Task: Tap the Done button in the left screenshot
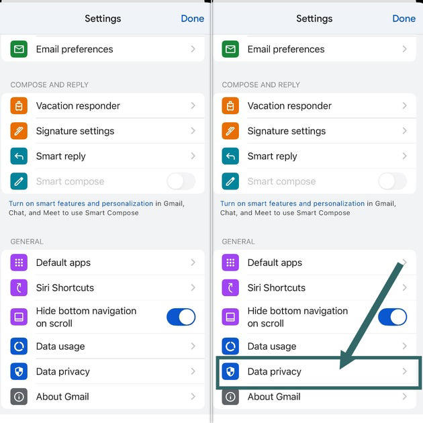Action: (x=192, y=18)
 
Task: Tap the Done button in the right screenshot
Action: (x=404, y=18)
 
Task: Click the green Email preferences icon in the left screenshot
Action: (x=19, y=49)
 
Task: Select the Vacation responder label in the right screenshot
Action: (x=289, y=106)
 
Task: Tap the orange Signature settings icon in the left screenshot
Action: (x=19, y=131)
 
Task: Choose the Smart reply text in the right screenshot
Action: (x=272, y=156)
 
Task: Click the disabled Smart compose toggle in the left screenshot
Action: (x=181, y=181)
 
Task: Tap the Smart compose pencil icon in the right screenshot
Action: (x=230, y=181)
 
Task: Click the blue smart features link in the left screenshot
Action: (x=81, y=203)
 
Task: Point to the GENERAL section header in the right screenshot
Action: (x=238, y=242)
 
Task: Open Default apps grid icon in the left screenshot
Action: (x=19, y=263)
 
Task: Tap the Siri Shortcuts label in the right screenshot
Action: (x=277, y=288)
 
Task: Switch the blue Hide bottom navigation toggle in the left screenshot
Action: (x=181, y=317)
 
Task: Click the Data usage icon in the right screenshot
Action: (x=230, y=346)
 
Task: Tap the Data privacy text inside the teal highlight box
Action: (x=275, y=371)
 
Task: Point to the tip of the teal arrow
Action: (x=340, y=369)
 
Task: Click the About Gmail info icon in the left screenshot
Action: (x=19, y=397)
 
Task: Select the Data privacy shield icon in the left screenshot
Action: (x=19, y=371)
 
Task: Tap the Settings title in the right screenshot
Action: (x=314, y=19)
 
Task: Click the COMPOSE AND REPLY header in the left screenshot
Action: (x=50, y=85)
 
